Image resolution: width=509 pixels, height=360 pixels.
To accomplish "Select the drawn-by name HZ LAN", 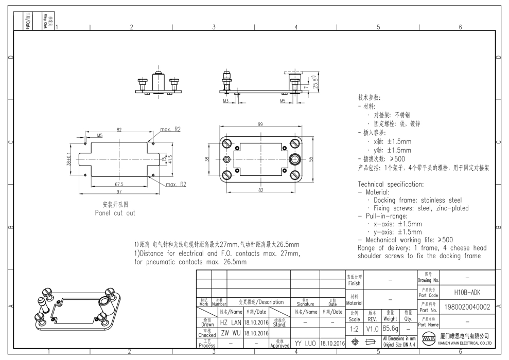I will (x=231, y=322).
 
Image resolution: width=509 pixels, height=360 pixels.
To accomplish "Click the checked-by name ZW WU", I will (x=230, y=333).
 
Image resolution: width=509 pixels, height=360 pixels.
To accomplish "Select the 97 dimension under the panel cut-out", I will (x=118, y=191).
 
